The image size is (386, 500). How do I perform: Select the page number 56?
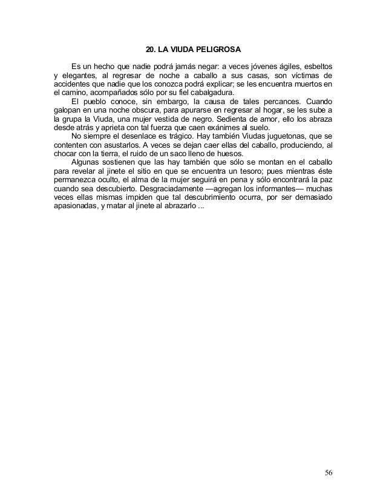coord(328,472)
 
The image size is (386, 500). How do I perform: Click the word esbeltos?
coord(316,65)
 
